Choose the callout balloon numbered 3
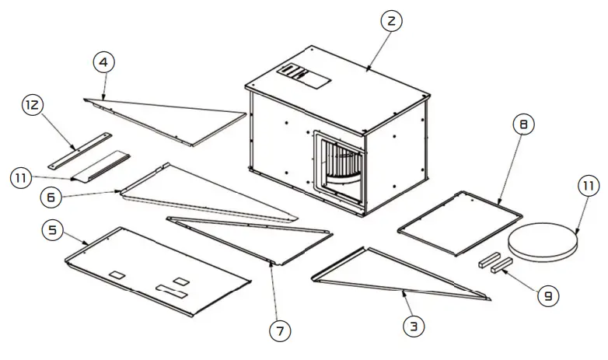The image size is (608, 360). tap(414, 327)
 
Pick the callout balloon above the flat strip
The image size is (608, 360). tap(33, 103)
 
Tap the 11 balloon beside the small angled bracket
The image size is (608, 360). tap(23, 178)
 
